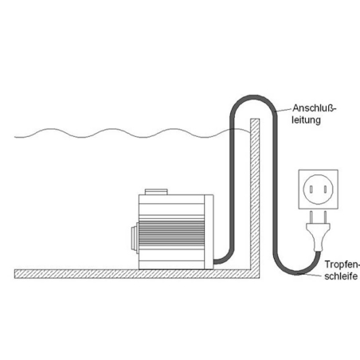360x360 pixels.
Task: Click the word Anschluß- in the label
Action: [314, 108]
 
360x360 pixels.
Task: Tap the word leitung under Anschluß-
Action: [307, 120]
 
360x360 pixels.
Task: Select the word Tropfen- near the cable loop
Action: [342, 264]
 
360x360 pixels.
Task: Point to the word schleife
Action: [341, 276]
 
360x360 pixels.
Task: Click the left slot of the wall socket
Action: [311, 190]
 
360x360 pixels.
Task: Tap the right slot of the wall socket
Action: [325, 190]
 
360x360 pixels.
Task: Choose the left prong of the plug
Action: [311, 217]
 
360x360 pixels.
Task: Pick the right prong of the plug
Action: [325, 217]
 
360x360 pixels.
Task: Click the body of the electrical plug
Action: [319, 237]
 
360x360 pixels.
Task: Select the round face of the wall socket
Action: [319, 190]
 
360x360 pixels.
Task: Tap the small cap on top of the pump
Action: [156, 192]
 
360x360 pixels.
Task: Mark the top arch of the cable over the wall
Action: [254, 96]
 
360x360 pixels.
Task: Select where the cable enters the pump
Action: [214, 262]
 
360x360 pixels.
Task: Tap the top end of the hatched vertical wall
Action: [255, 119]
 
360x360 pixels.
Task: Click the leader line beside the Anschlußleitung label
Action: [284, 110]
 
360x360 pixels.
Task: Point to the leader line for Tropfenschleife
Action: [310, 275]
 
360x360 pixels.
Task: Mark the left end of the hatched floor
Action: [15, 274]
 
